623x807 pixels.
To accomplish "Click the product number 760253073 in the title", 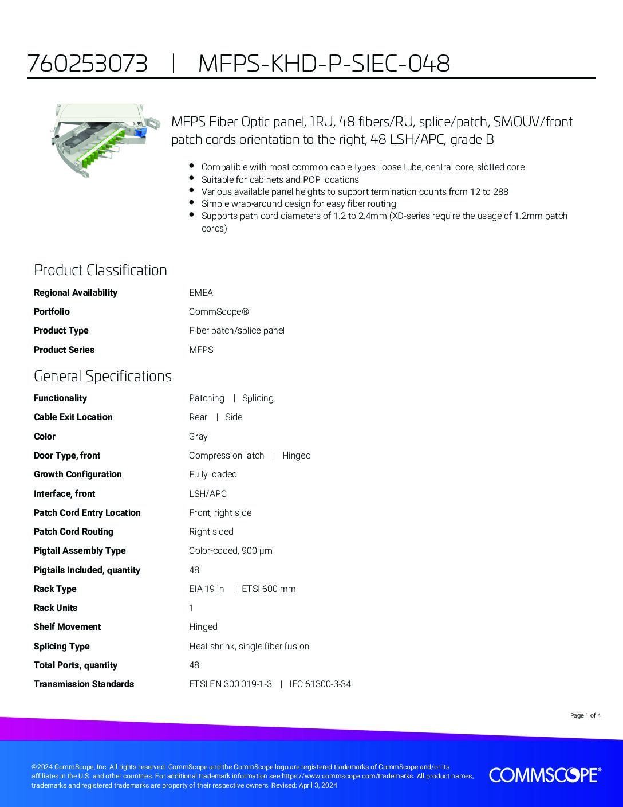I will [88, 64].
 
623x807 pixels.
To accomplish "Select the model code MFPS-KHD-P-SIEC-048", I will [324, 64].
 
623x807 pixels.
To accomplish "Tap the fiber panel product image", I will [102, 141].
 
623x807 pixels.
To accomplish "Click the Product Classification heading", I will [100, 270].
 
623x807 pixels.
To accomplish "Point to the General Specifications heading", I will [102, 376].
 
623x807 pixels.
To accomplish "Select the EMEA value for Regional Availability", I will [201, 293].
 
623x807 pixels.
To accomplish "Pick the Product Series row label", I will [64, 350].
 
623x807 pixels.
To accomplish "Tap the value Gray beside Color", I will [198, 437].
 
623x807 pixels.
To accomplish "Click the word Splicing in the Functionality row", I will [258, 398].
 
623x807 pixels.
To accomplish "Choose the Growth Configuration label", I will [78, 475].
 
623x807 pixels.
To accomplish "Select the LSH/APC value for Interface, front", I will [208, 493].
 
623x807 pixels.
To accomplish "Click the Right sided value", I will [211, 532].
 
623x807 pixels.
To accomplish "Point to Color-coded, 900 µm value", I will [231, 551].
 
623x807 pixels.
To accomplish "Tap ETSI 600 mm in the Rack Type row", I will [269, 589].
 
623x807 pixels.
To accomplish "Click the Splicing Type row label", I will [62, 647].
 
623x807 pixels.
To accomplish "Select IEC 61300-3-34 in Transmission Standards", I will [320, 684].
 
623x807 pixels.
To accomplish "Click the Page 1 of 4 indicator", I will [585, 715].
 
